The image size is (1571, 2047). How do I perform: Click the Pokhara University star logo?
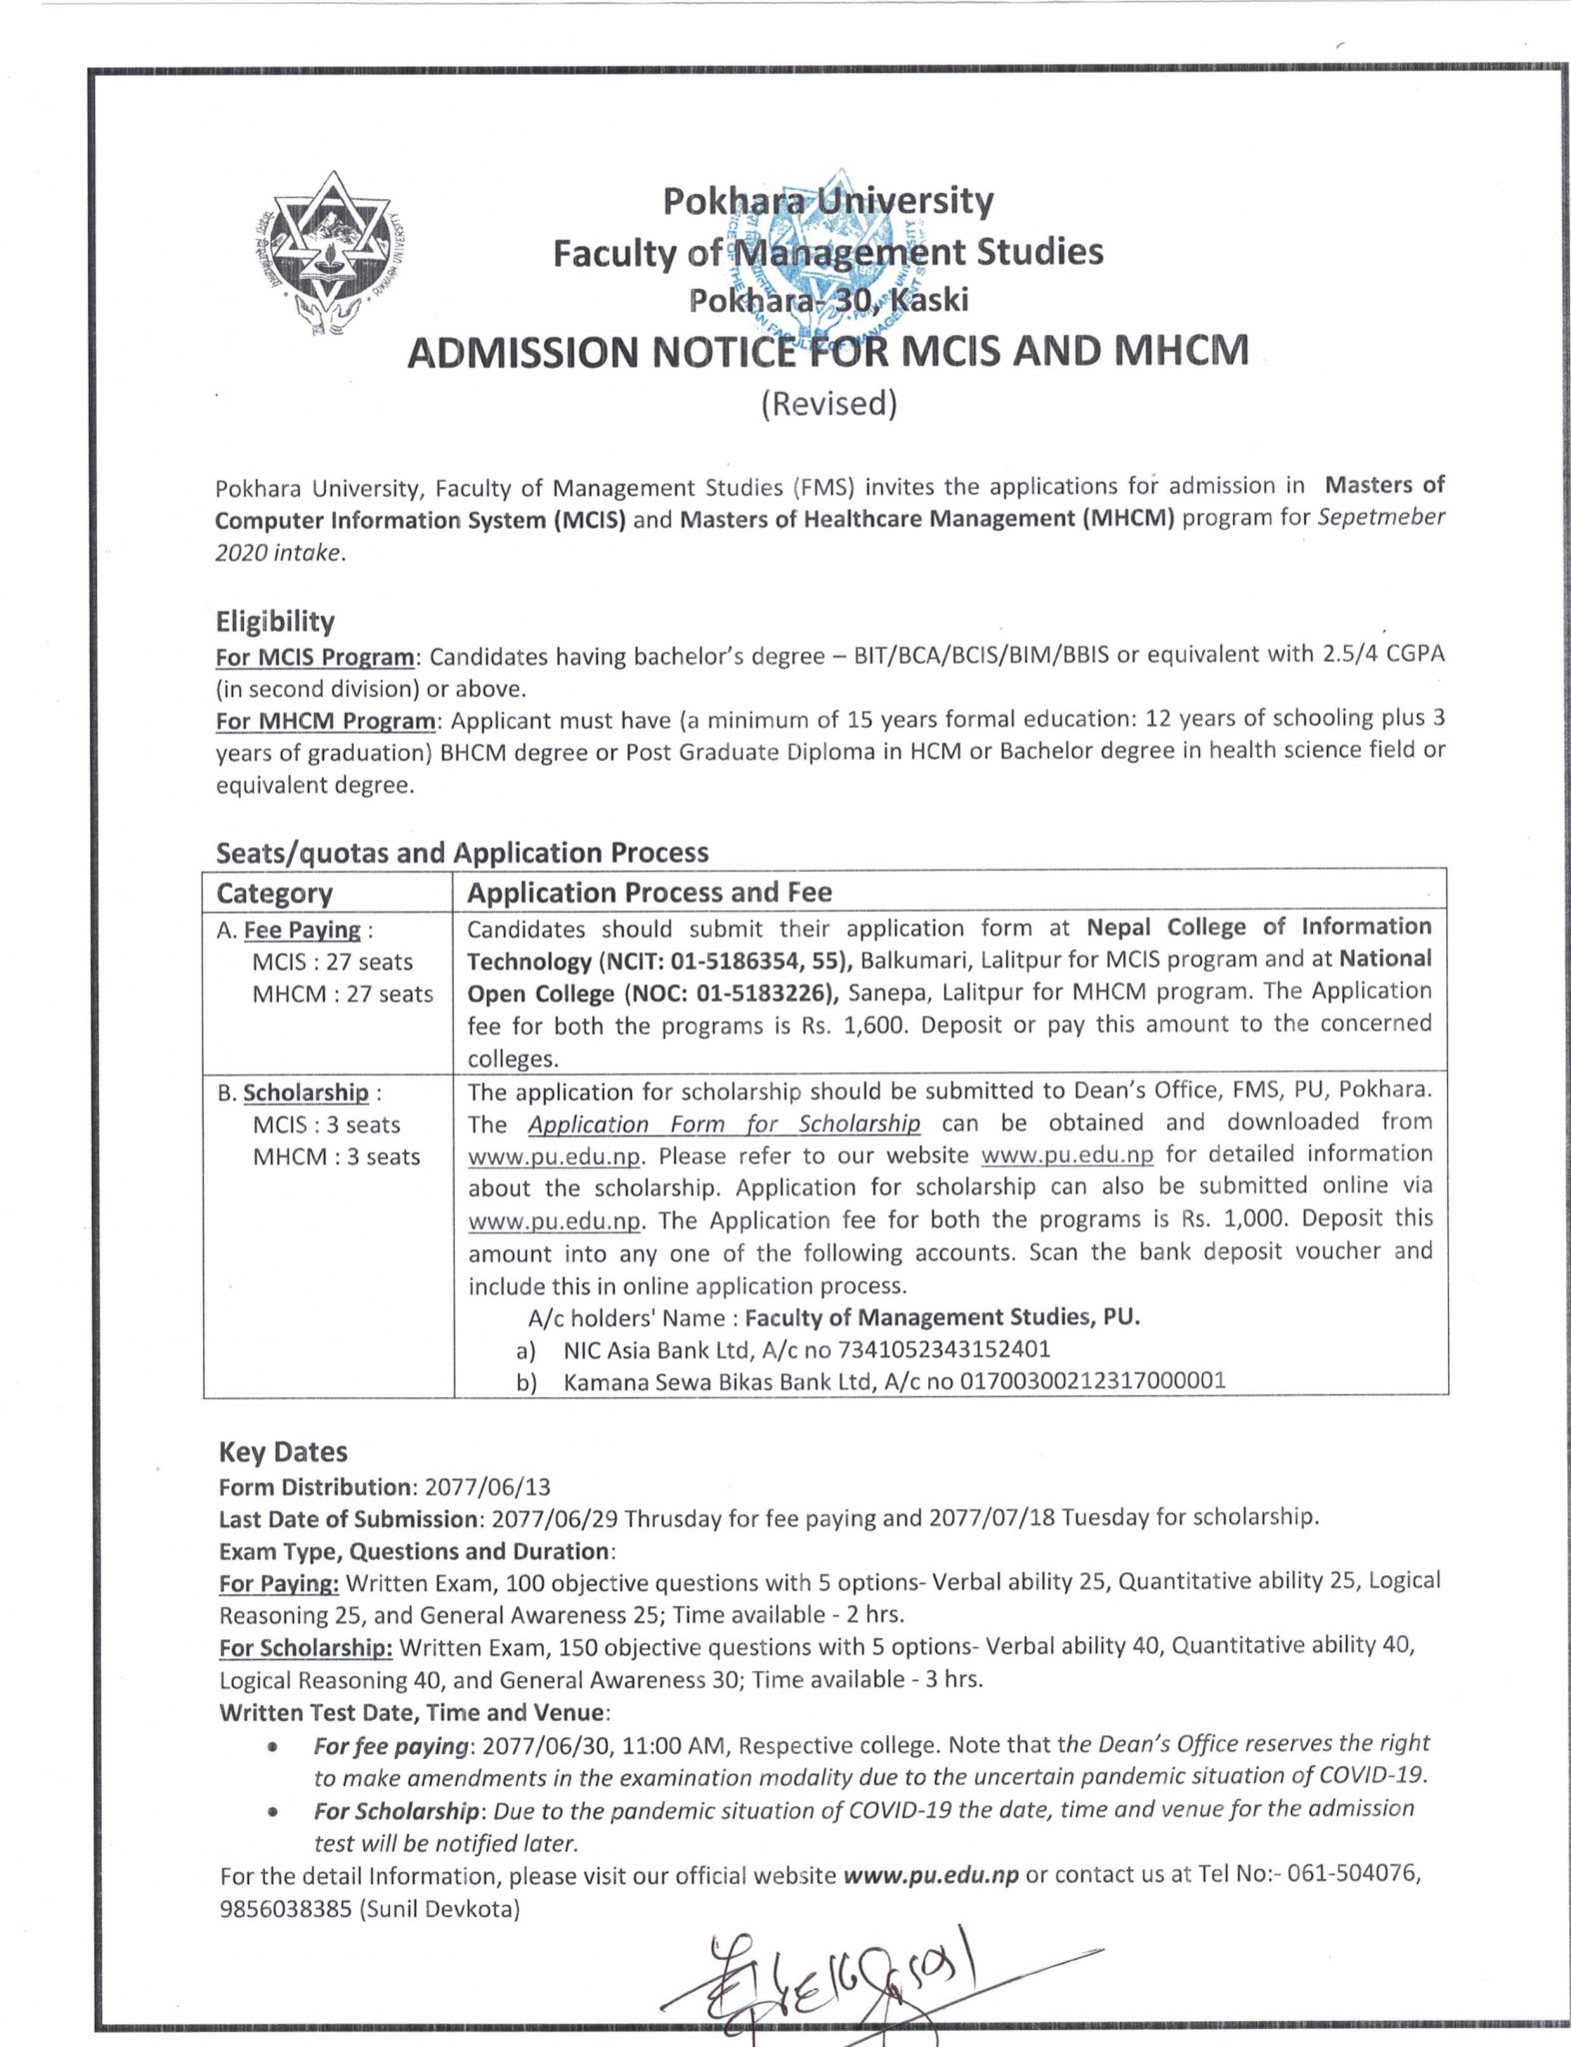(x=333, y=255)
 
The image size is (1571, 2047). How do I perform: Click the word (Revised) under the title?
(x=828, y=403)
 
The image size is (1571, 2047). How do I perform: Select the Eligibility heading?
(x=275, y=622)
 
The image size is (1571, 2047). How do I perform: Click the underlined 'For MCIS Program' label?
(x=315, y=657)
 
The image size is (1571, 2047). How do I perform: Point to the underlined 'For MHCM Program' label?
(x=326, y=721)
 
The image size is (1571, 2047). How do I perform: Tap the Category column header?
(x=274, y=893)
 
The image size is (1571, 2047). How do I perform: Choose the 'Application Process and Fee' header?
(x=650, y=892)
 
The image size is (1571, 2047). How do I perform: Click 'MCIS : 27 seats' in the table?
(x=332, y=962)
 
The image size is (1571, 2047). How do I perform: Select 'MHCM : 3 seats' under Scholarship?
(x=336, y=1156)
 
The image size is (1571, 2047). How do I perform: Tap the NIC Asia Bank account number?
(x=943, y=1349)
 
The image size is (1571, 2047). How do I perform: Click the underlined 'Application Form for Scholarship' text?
(x=724, y=1123)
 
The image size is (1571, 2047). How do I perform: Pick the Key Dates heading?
(x=283, y=1451)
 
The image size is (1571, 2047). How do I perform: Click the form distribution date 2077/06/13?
(x=488, y=1486)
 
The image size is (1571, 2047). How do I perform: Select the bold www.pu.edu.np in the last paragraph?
(x=930, y=1875)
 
